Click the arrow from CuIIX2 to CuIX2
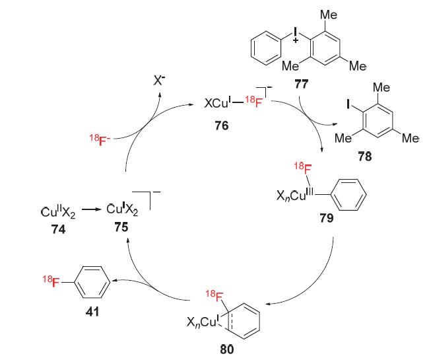tap(92, 211)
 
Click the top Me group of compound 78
tap(379, 87)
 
